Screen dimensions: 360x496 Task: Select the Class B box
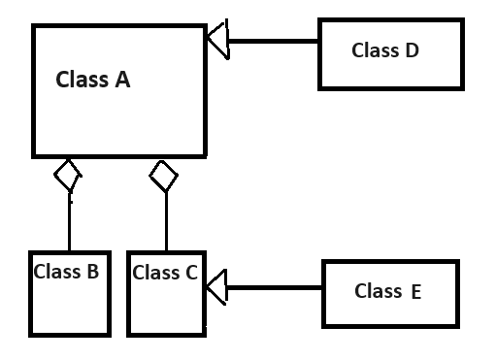pyautogui.click(x=67, y=301)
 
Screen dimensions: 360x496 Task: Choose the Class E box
pyautogui.click(x=389, y=292)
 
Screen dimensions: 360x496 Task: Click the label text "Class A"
pyautogui.click(x=93, y=80)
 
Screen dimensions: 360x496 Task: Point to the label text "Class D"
pyautogui.click(x=384, y=50)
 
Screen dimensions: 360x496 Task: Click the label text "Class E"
pyautogui.click(x=387, y=290)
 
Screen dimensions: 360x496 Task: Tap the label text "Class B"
pyautogui.click(x=66, y=272)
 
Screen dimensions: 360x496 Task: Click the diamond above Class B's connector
pyautogui.click(x=67, y=176)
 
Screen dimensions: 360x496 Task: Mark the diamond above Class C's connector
pyautogui.click(x=163, y=176)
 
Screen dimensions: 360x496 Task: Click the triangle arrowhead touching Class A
pyautogui.click(x=216, y=42)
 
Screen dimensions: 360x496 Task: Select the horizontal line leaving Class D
pyautogui.click(x=273, y=42)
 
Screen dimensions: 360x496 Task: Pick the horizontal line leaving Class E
pyautogui.click(x=274, y=287)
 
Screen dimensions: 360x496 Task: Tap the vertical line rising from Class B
pyautogui.click(x=69, y=223)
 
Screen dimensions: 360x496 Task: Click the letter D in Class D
pyautogui.click(x=412, y=50)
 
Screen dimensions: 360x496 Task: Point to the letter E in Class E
pyautogui.click(x=415, y=291)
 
